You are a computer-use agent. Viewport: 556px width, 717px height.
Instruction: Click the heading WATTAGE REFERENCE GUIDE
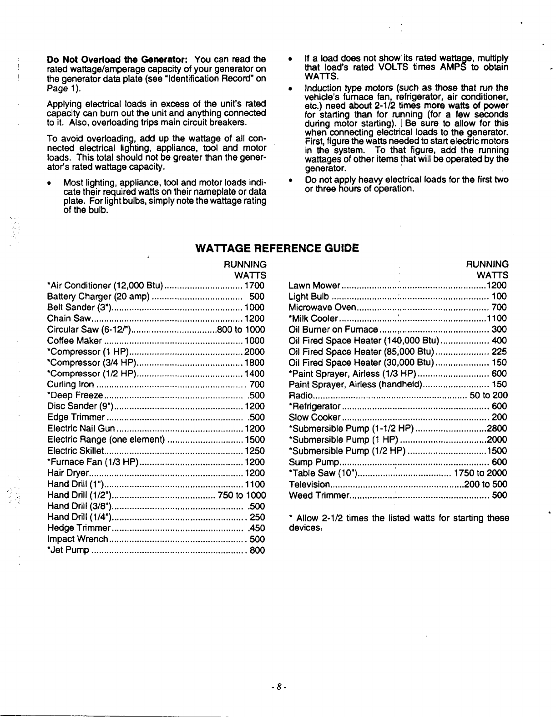[x=277, y=248]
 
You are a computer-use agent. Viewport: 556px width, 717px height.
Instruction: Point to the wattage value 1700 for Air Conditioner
[x=254, y=286]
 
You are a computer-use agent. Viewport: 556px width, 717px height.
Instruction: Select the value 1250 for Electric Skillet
[x=254, y=451]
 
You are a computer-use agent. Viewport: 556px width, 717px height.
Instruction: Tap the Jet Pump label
[x=68, y=550]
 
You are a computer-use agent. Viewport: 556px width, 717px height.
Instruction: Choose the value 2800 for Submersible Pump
[x=497, y=429]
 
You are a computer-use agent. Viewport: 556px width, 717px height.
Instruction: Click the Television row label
[x=309, y=484]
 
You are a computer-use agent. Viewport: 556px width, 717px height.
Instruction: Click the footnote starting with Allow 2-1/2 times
[x=399, y=523]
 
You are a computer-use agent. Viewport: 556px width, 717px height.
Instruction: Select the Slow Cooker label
[x=314, y=418]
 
